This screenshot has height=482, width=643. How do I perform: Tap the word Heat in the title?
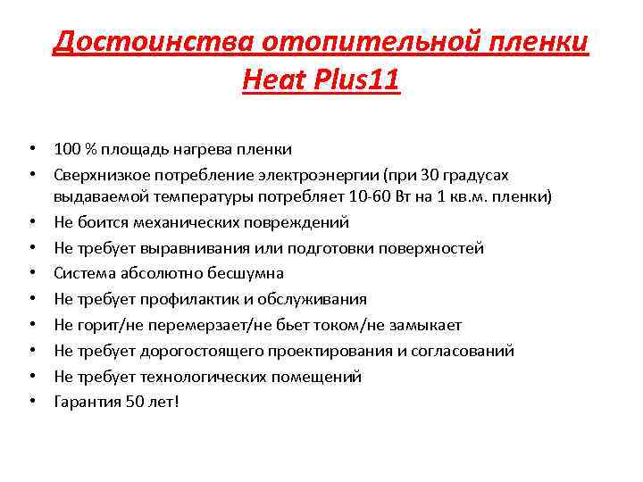[x=271, y=81]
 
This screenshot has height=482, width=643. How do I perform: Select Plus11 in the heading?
[x=355, y=81]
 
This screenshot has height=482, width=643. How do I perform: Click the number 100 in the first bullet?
[x=66, y=147]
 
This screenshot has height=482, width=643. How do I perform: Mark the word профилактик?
[x=174, y=299]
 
